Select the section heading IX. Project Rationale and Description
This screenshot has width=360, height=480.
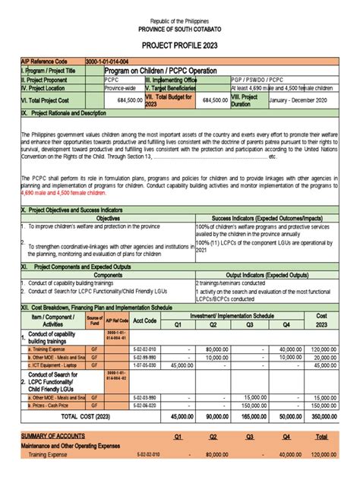click(64, 113)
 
